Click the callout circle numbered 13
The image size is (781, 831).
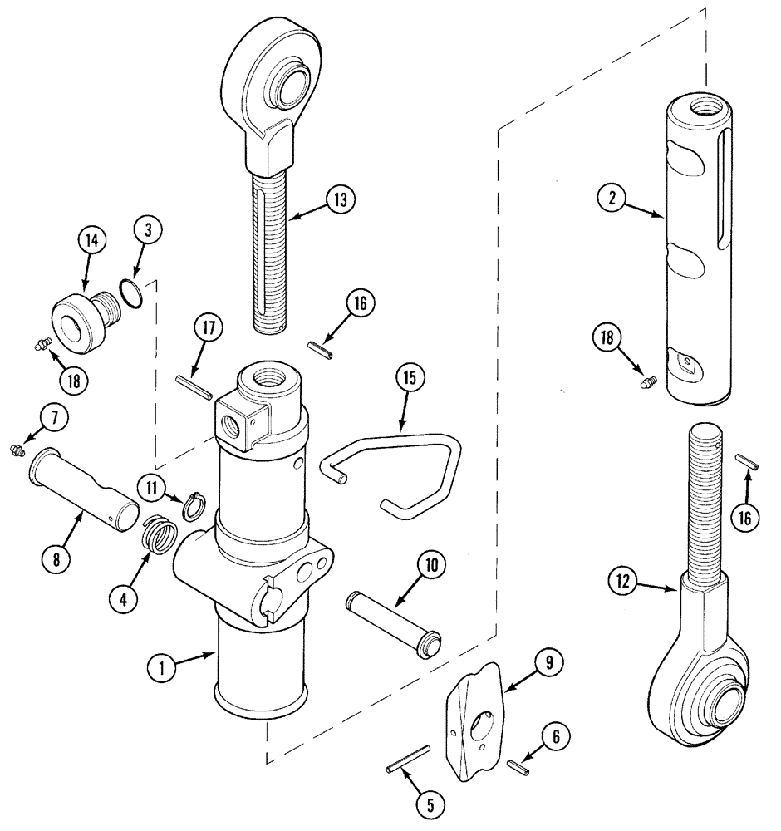pyautogui.click(x=341, y=199)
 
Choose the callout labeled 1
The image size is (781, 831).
pyautogui.click(x=163, y=666)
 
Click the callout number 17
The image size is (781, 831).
pyautogui.click(x=207, y=328)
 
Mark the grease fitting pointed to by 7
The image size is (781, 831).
pyautogui.click(x=37, y=450)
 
